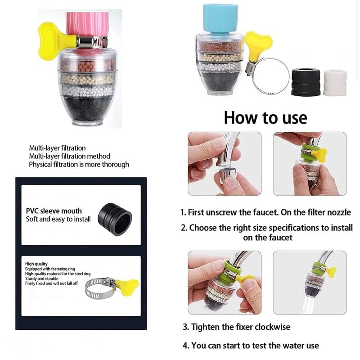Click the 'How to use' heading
click(x=265, y=117)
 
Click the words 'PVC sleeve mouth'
click(x=54, y=211)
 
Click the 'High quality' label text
click(x=36, y=264)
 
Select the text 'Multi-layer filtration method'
click(x=69, y=156)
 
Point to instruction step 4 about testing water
click(x=251, y=346)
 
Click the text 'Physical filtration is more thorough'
click(x=79, y=164)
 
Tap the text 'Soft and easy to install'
click(x=58, y=219)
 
